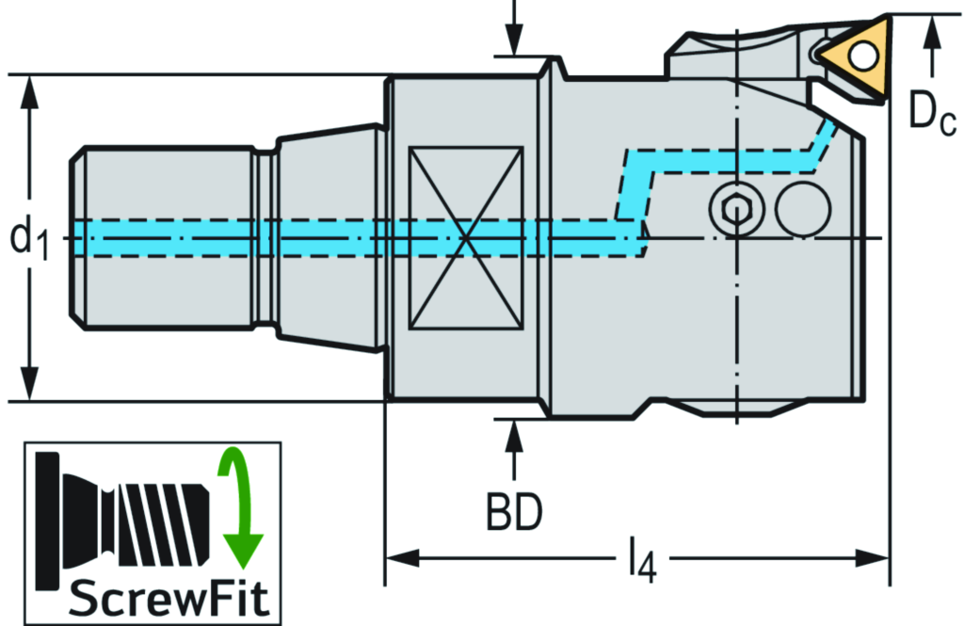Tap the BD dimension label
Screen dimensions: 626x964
click(x=514, y=512)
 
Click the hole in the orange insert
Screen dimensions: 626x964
click(x=859, y=56)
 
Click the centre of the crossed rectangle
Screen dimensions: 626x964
click(x=465, y=238)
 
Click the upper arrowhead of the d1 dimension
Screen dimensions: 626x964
click(x=31, y=88)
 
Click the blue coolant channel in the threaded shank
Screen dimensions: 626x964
click(x=169, y=238)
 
